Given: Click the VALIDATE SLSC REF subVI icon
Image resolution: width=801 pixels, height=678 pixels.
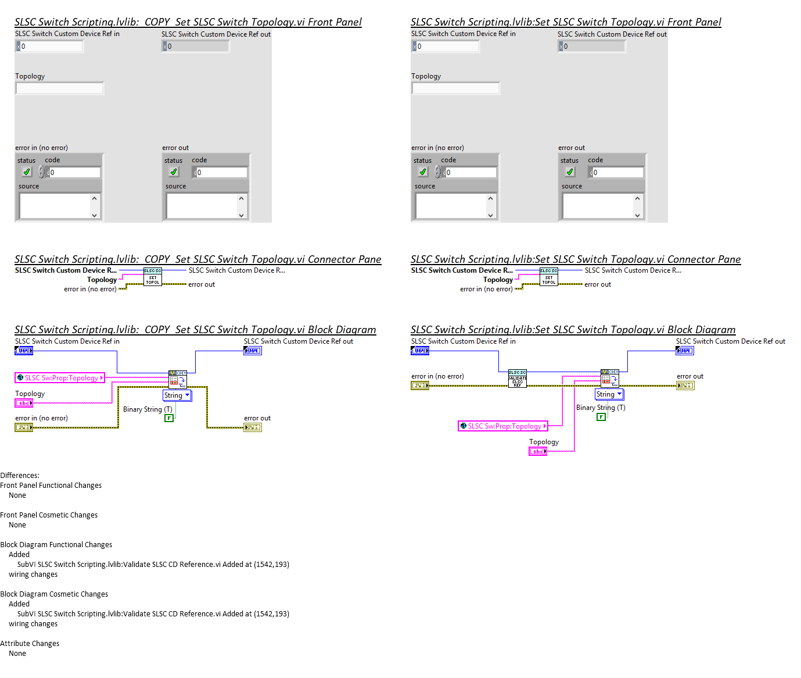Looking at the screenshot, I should pyautogui.click(x=517, y=379).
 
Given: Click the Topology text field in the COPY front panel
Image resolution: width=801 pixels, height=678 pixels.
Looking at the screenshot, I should pyautogui.click(x=60, y=88).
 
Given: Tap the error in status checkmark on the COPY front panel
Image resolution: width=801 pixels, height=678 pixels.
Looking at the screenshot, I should pyautogui.click(x=27, y=172).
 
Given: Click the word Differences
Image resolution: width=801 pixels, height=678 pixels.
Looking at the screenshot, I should pyautogui.click(x=20, y=476).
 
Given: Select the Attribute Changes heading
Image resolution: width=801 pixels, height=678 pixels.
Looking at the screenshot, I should pyautogui.click(x=30, y=644).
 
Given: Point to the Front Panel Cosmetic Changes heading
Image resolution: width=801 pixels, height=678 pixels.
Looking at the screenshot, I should pyautogui.click(x=49, y=515).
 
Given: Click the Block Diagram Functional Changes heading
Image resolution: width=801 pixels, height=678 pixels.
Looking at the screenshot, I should pyautogui.click(x=56, y=545).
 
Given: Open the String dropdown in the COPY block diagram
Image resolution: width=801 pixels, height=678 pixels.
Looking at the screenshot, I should pyautogui.click(x=177, y=395).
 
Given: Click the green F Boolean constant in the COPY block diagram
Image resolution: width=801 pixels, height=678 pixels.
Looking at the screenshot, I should pyautogui.click(x=169, y=418).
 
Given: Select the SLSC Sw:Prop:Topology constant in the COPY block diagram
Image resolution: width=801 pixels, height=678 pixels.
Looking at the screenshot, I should pyautogui.click(x=60, y=378).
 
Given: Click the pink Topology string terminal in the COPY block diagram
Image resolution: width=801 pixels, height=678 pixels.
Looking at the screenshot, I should pyautogui.click(x=24, y=403).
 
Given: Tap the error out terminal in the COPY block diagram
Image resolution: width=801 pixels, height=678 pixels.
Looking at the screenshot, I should pyautogui.click(x=253, y=427).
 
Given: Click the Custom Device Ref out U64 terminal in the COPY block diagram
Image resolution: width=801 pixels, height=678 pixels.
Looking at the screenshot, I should pyautogui.click(x=253, y=351).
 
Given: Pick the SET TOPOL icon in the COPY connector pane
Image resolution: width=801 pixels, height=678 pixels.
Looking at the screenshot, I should pyautogui.click(x=153, y=277).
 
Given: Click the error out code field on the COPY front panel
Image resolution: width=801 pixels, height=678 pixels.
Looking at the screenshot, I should pyautogui.click(x=221, y=173).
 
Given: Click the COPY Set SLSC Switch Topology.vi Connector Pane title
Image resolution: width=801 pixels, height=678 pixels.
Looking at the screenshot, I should pyautogui.click(x=197, y=259).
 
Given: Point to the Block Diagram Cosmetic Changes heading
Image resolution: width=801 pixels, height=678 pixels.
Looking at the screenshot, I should pyautogui.click(x=54, y=594).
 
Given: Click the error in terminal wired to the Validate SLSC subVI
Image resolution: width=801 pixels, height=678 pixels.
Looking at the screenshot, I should pyautogui.click(x=420, y=386).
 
